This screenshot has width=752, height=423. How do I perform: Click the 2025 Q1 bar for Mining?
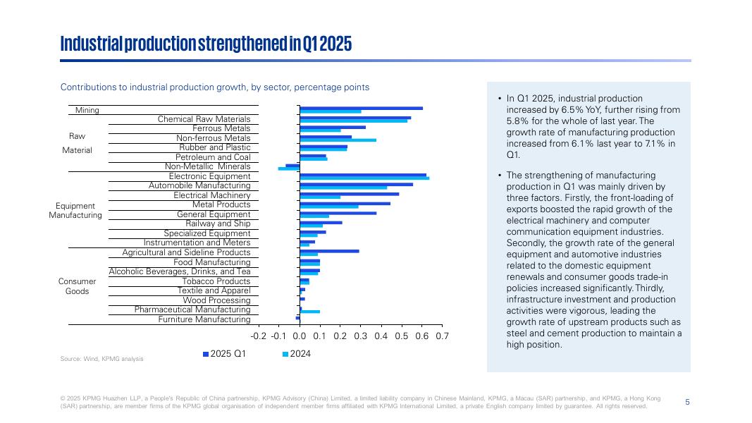(x=361, y=109)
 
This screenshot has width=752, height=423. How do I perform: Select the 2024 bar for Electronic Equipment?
(x=364, y=178)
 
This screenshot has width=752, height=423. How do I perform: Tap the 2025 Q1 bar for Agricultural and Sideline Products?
(x=329, y=250)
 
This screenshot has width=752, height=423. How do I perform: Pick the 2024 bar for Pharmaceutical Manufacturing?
(x=310, y=311)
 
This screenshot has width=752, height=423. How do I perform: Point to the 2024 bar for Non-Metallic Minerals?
(x=289, y=168)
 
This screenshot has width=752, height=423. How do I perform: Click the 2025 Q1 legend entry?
(x=225, y=354)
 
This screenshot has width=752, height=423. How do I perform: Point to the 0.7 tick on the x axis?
(x=443, y=336)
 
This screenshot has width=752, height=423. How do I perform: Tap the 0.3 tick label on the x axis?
(x=361, y=336)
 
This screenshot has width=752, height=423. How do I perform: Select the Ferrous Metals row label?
(x=221, y=128)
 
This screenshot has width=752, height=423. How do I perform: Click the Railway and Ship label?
(x=218, y=223)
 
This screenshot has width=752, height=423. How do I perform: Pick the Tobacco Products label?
(x=216, y=281)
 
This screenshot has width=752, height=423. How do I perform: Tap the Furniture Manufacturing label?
(x=204, y=319)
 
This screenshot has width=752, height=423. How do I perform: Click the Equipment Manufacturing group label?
(x=75, y=210)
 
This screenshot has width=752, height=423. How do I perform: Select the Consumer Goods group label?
(x=77, y=286)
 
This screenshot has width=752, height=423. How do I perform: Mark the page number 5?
(x=687, y=402)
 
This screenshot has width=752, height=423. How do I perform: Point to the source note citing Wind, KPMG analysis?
(x=102, y=359)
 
